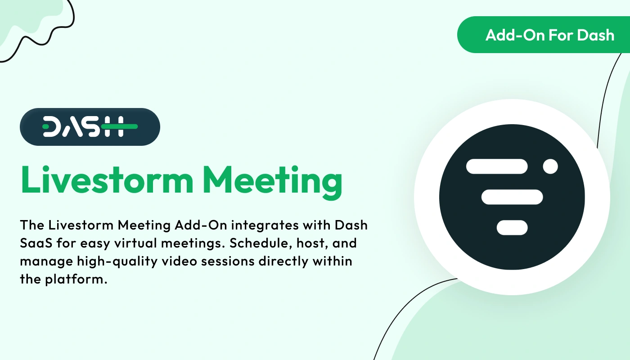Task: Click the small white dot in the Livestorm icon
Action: tap(550, 166)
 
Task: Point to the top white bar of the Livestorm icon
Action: tap(497, 166)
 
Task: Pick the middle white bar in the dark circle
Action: tap(512, 197)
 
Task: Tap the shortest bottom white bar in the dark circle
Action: tap(512, 228)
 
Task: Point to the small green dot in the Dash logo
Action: tap(45, 127)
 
